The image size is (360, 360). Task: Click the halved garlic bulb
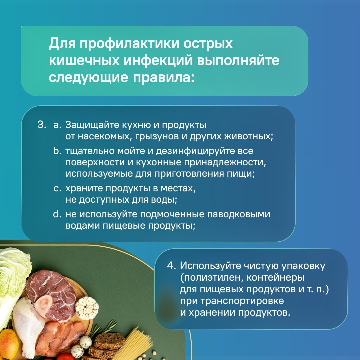point(87,308)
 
